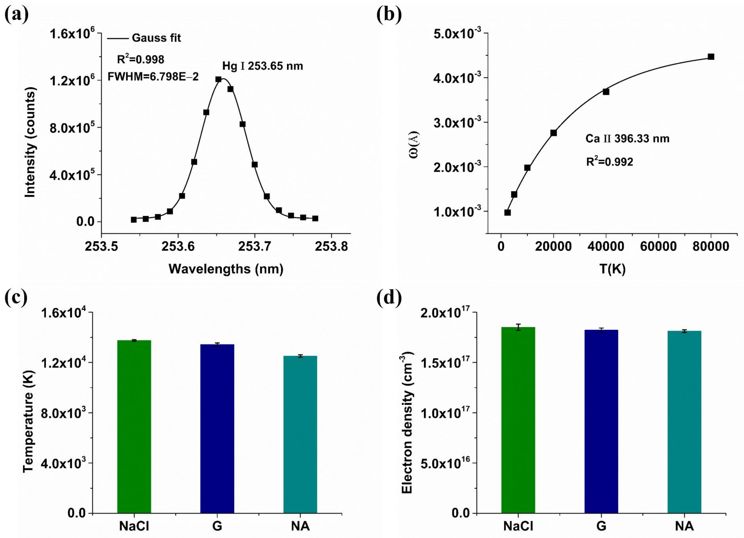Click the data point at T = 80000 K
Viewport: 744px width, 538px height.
click(x=711, y=57)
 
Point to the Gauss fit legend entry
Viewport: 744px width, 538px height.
click(x=144, y=38)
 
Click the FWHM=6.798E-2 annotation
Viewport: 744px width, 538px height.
click(x=153, y=77)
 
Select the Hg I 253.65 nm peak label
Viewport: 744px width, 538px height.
click(x=262, y=66)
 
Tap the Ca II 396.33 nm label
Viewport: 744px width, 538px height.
click(x=627, y=139)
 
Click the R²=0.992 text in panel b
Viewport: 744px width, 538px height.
click(x=609, y=162)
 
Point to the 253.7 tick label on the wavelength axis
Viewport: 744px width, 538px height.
click(x=254, y=246)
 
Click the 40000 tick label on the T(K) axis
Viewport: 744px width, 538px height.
click(x=606, y=246)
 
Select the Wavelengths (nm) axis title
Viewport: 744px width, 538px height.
click(x=226, y=269)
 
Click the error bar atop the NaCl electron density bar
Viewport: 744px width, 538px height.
click(x=518, y=327)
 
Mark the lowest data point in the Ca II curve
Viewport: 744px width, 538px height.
click(x=507, y=213)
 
